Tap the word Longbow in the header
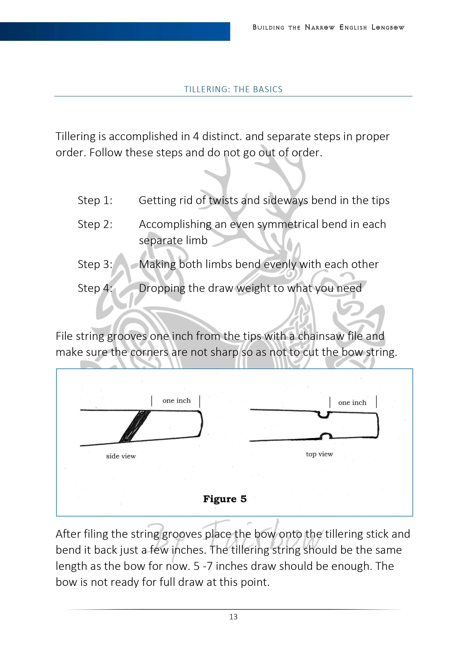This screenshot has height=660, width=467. [388, 28]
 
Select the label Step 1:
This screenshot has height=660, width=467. [95, 200]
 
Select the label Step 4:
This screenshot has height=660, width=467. [95, 288]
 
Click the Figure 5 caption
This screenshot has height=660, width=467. [225, 499]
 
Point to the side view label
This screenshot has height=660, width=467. [121, 456]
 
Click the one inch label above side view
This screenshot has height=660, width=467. [176, 400]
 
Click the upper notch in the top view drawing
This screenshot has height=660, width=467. [324, 415]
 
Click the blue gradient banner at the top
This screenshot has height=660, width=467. [115, 32]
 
